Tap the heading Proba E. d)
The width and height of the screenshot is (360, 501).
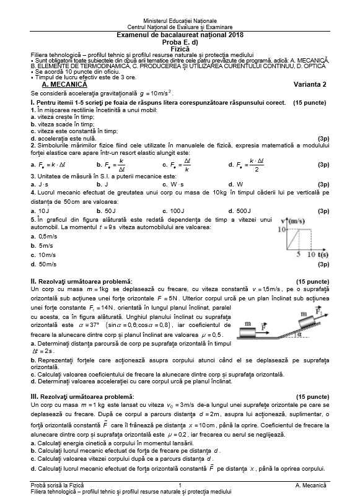click(180, 41)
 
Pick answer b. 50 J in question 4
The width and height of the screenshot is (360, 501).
click(102, 211)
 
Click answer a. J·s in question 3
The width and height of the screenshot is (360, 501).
click(39, 184)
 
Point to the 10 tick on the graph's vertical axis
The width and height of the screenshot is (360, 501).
click(280, 229)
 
